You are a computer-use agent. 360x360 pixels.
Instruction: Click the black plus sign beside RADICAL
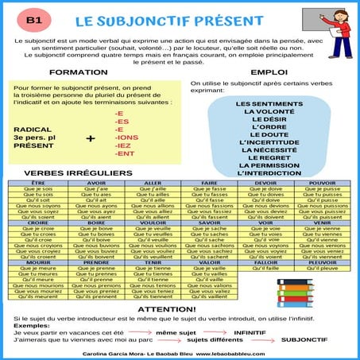point(90,138)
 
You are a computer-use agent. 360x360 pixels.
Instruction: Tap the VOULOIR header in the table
point(151,223)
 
